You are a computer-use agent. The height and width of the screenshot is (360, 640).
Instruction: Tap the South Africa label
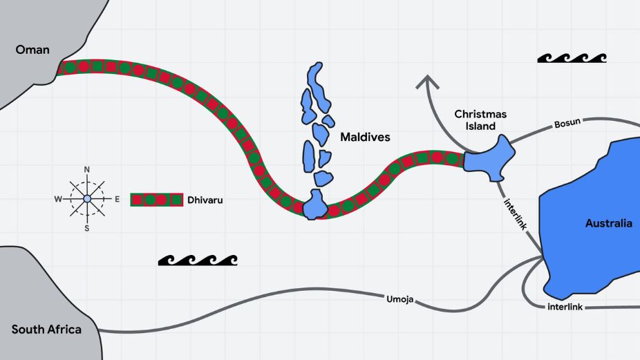[x=46, y=329]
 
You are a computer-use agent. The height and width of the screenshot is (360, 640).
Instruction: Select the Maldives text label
[x=365, y=138]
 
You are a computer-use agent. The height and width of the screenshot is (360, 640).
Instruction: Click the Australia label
[x=608, y=223]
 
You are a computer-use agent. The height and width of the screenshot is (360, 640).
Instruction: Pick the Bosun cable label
[x=567, y=124]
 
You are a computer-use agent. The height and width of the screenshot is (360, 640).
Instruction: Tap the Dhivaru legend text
[x=205, y=200]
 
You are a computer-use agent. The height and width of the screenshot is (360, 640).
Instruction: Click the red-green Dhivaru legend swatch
[x=156, y=200]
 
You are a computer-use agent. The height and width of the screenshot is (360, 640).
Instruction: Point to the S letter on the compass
[x=87, y=227]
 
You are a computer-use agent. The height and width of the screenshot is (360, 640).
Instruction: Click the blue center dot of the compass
[x=87, y=199]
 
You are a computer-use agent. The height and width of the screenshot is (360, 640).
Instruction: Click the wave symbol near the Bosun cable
[x=572, y=58]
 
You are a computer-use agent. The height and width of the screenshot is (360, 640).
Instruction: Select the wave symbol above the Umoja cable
[x=198, y=260]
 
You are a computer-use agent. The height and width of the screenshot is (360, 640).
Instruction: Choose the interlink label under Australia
[x=567, y=306]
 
